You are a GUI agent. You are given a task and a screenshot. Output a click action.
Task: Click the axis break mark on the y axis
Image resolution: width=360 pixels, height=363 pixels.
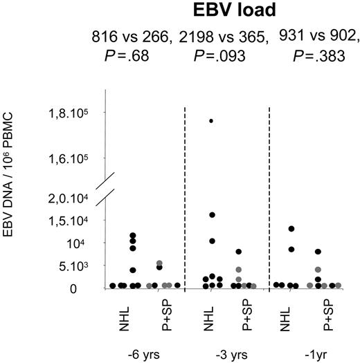(x=104, y=191)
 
